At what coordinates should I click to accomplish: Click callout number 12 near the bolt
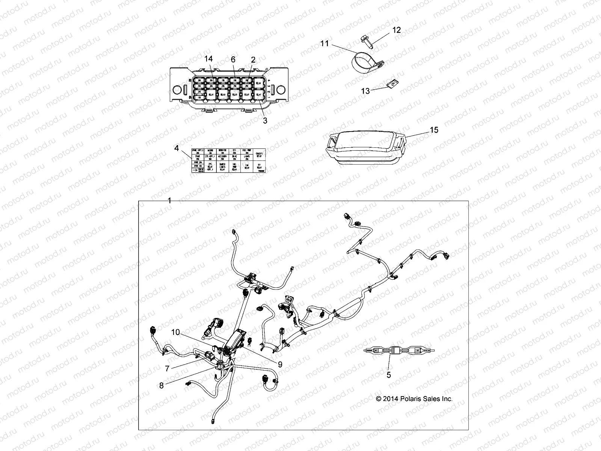(397, 30)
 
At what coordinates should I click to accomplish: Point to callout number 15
(434, 130)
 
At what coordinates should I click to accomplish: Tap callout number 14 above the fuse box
(208, 59)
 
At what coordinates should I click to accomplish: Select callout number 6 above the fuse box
(233, 59)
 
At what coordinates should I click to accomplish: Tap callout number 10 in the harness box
(176, 332)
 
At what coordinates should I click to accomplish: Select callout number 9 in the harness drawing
(280, 364)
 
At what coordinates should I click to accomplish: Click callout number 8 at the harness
(162, 386)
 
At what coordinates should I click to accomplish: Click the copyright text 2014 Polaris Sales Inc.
(414, 399)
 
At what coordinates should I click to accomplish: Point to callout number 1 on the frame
(169, 201)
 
